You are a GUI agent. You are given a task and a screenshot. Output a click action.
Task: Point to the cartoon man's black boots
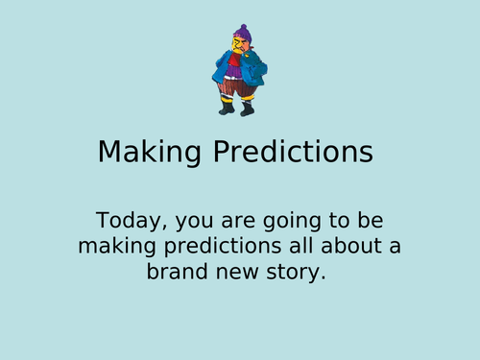(227, 108)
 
